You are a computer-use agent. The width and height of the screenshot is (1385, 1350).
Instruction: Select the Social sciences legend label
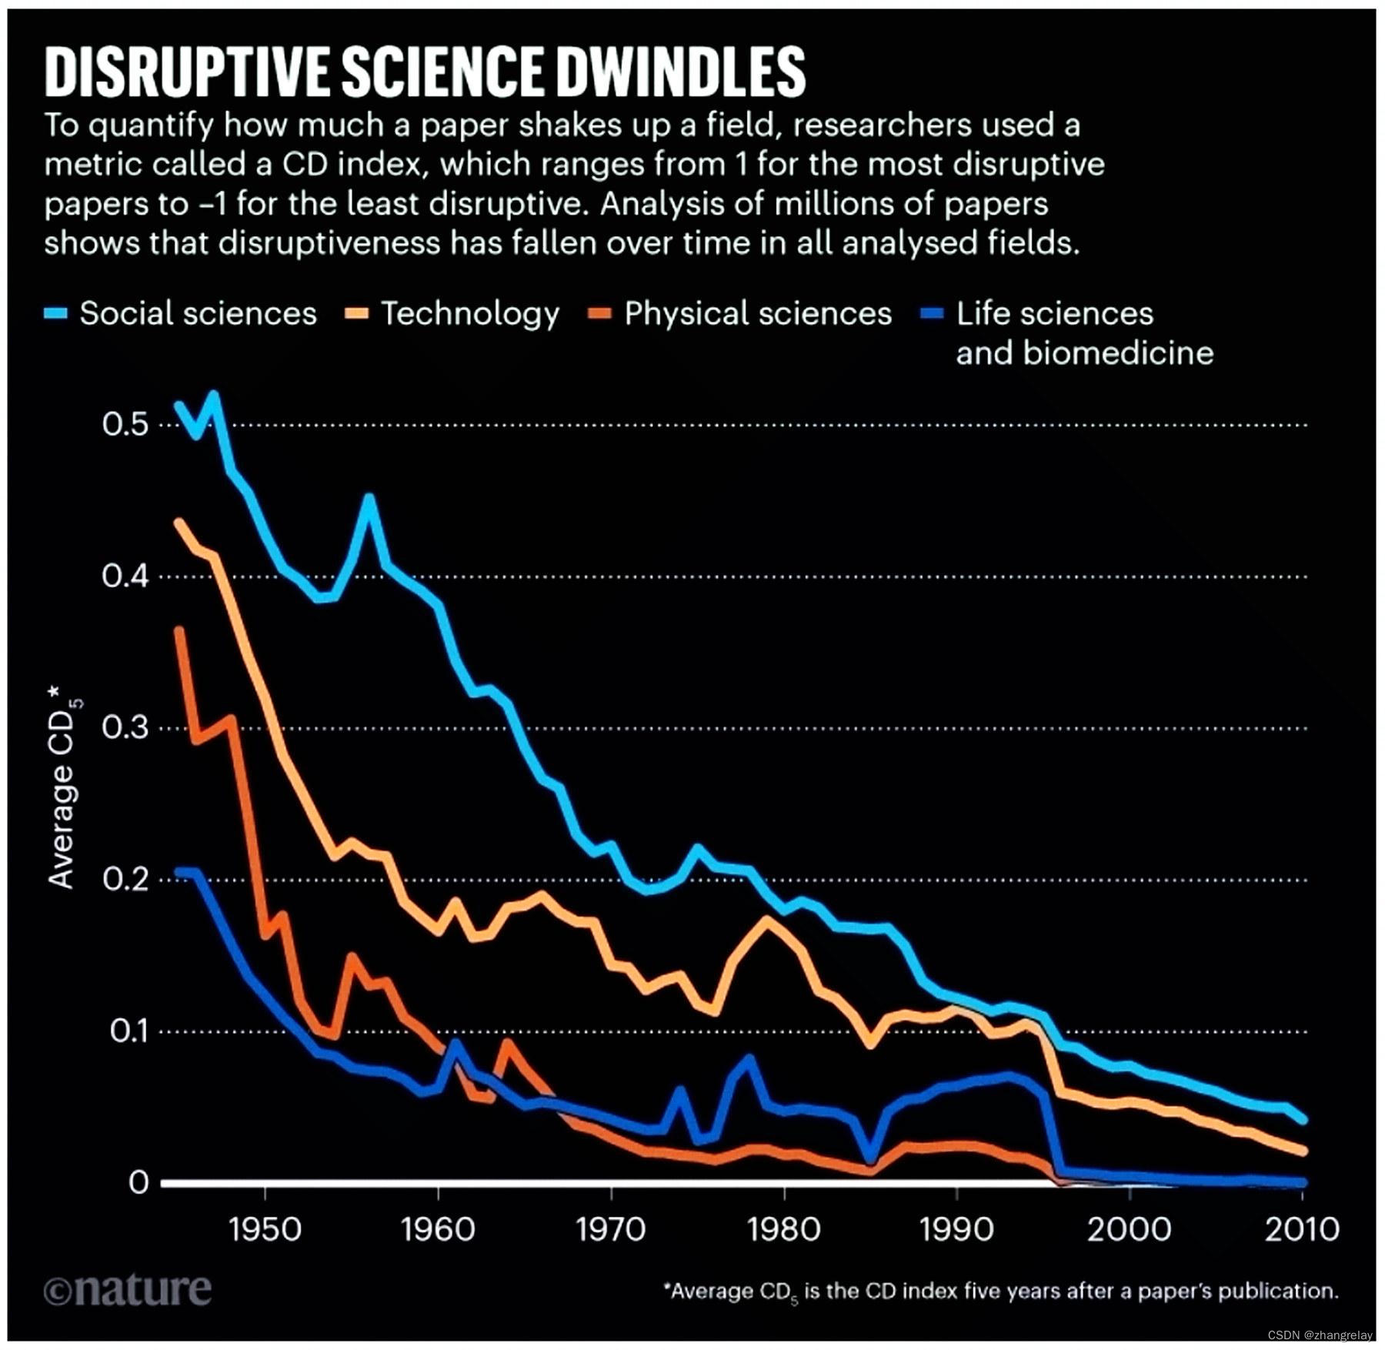tap(198, 314)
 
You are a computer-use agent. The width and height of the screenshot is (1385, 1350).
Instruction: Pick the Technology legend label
tap(470, 314)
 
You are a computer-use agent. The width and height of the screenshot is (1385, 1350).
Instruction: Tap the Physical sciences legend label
tap(758, 314)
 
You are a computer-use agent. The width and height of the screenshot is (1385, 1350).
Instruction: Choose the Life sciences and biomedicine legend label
tap(1084, 333)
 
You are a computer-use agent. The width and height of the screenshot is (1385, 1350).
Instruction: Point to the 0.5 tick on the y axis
tap(125, 424)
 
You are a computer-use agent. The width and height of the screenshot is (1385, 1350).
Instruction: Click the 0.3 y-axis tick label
tap(125, 727)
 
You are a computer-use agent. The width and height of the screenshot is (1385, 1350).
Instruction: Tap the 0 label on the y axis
tap(138, 1182)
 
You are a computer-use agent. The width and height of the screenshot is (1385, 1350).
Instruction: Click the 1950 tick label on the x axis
tap(265, 1229)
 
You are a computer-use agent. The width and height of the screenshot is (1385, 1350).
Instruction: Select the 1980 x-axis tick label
tap(783, 1229)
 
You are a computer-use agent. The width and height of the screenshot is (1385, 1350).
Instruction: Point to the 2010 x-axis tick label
tap(1302, 1229)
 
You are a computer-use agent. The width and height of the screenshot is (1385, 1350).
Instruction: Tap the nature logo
tap(128, 1290)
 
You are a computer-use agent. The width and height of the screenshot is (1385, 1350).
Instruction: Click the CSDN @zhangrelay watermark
tap(1320, 1335)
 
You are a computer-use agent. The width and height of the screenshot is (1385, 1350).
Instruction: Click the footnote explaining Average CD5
tap(1000, 1291)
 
